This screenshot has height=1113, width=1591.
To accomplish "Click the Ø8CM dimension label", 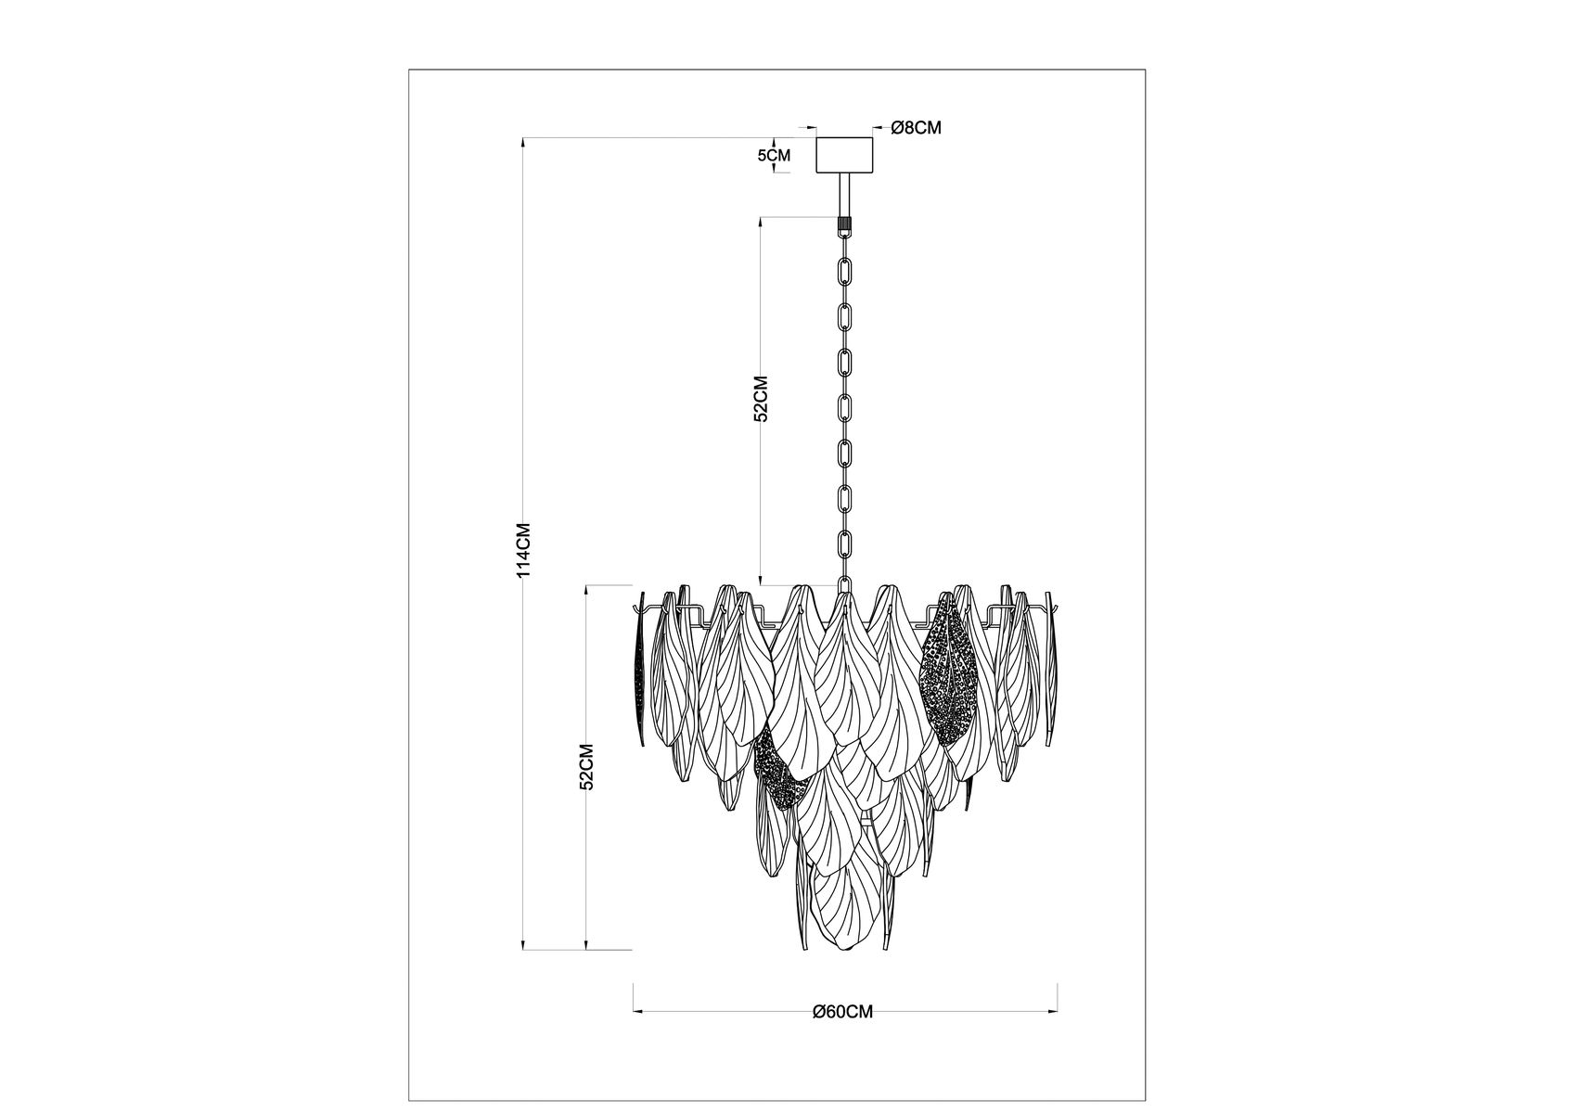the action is pyautogui.click(x=916, y=128).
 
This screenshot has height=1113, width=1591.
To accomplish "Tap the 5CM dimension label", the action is pyautogui.click(x=774, y=156).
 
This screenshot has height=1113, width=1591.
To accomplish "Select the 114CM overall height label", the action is pyautogui.click(x=524, y=551).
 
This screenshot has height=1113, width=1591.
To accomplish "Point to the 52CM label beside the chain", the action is pyautogui.click(x=762, y=399).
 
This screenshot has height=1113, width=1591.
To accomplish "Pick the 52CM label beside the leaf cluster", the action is pyautogui.click(x=586, y=766).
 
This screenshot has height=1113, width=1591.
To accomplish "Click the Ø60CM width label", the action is pyautogui.click(x=842, y=1012).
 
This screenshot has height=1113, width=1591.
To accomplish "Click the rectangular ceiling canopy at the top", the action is pyautogui.click(x=844, y=155).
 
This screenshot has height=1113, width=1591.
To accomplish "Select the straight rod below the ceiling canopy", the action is pyautogui.click(x=844, y=196).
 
